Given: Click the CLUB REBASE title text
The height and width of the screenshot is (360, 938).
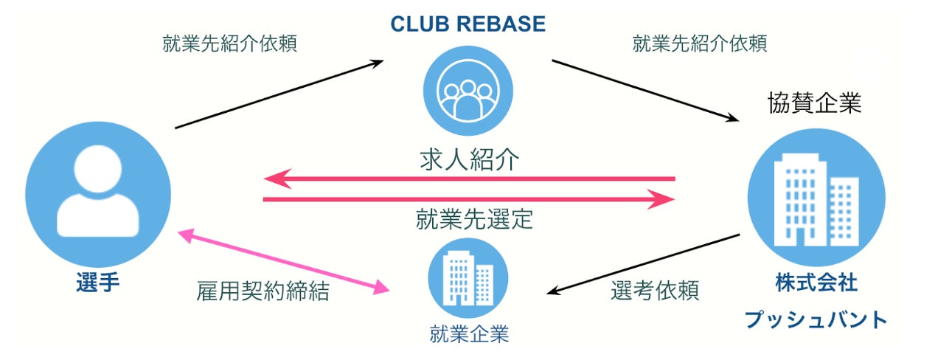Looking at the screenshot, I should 468,24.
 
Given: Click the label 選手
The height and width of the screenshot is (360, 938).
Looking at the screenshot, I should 97,283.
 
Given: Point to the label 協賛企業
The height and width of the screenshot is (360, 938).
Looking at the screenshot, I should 815,104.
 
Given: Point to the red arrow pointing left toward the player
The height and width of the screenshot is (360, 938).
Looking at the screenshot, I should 469,179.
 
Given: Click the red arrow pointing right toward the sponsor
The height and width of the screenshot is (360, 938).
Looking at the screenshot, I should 469,199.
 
